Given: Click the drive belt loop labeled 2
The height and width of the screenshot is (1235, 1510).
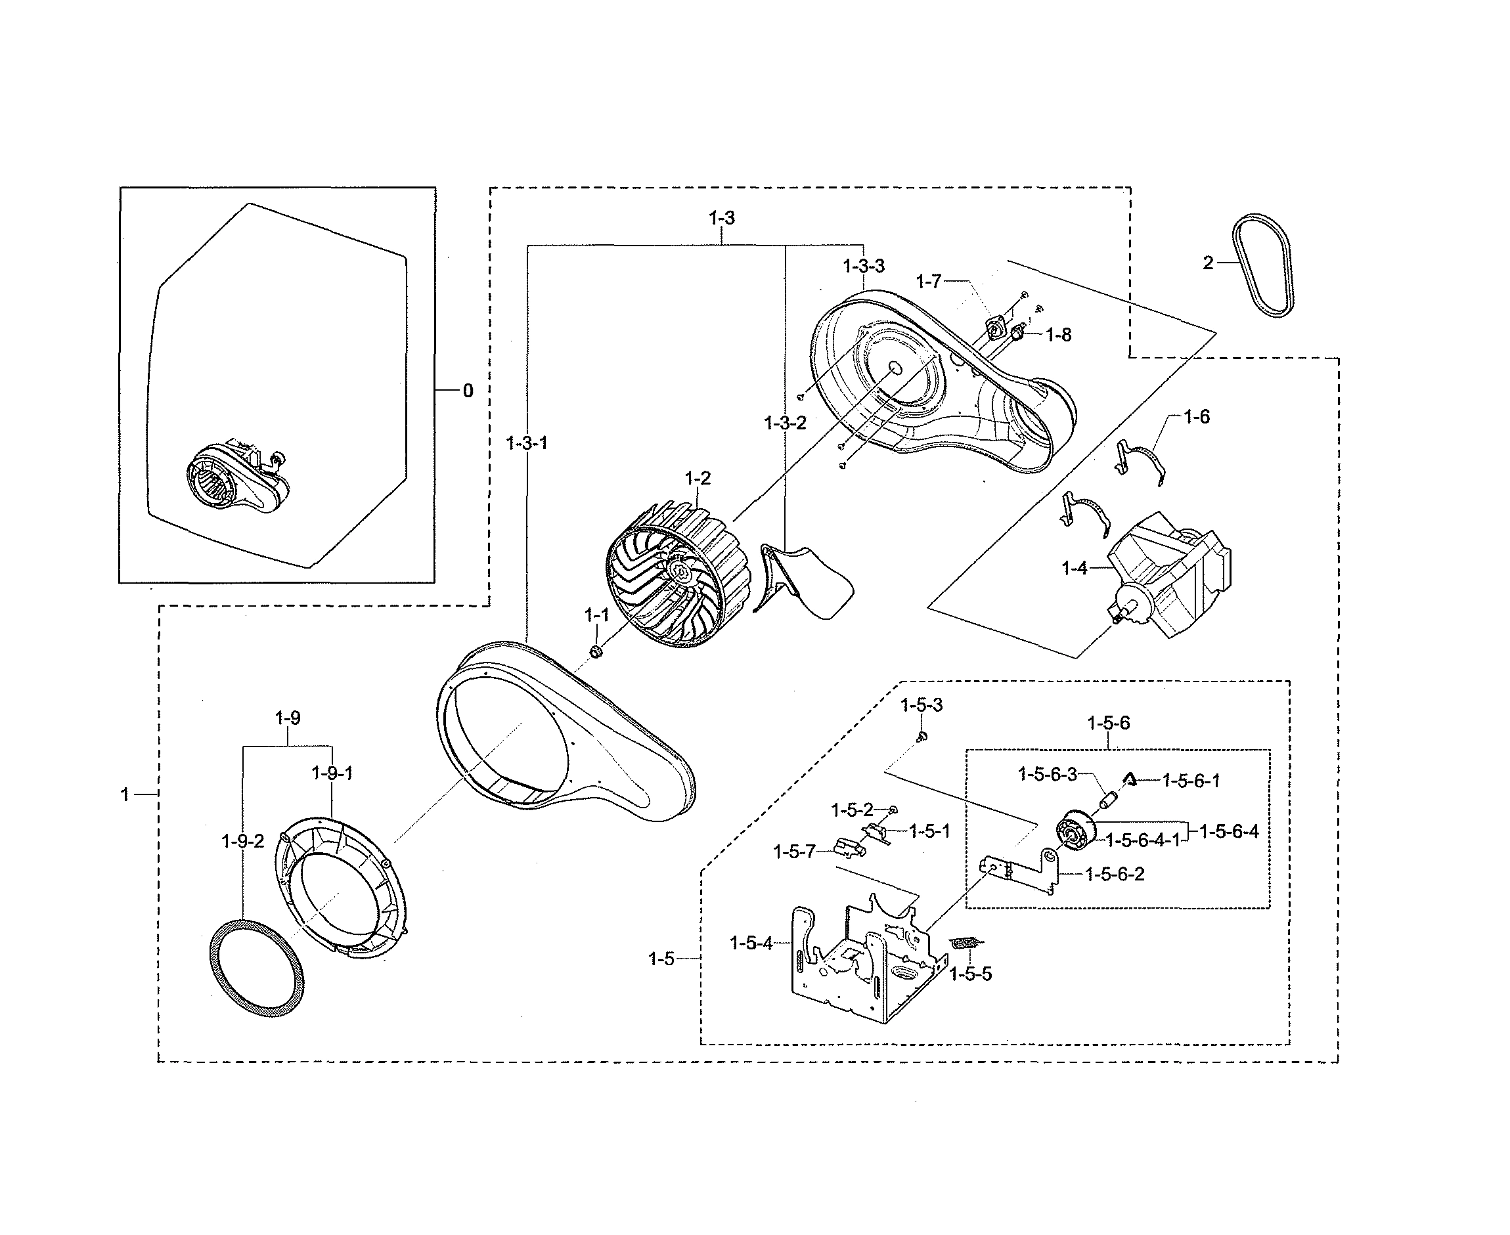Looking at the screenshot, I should (1264, 264).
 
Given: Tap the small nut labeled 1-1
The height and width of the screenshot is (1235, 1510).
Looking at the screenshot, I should (596, 650).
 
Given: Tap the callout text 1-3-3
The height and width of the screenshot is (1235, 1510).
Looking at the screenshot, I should (863, 266).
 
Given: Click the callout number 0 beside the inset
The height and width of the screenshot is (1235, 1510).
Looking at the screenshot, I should (468, 391).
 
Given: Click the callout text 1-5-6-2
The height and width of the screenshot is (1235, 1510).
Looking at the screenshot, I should (1115, 875).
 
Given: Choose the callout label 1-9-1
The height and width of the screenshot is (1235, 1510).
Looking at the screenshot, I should (332, 773).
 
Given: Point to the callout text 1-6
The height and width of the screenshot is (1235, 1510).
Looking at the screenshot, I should (1196, 417).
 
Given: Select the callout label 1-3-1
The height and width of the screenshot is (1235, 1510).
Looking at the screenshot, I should (527, 443).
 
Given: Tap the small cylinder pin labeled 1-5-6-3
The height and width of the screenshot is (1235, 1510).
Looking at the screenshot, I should (1108, 800).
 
